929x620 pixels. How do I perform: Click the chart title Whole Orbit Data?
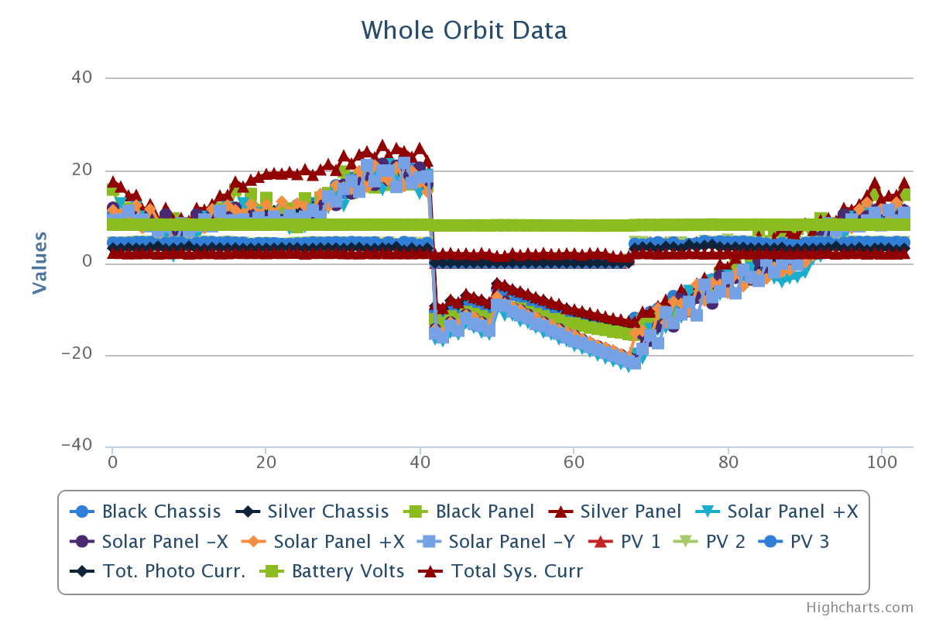464,30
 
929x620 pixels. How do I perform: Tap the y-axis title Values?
39,262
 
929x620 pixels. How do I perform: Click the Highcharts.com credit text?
859,608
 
